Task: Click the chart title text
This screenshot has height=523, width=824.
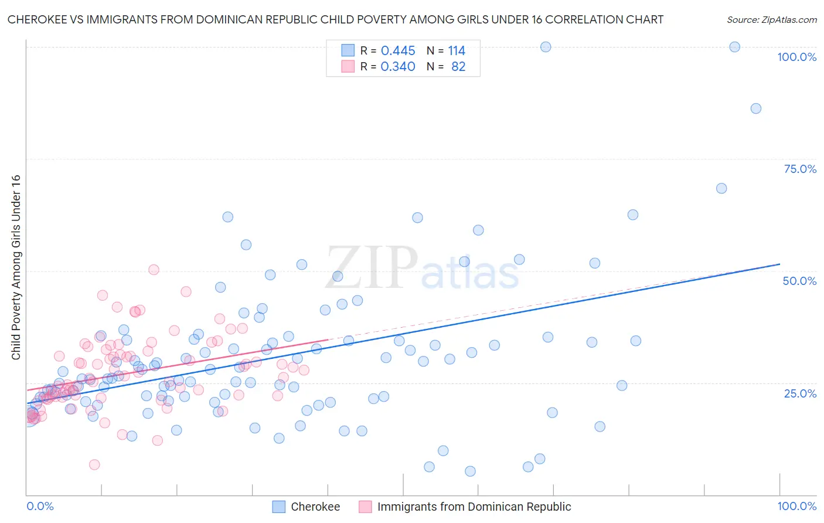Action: [x=335, y=19]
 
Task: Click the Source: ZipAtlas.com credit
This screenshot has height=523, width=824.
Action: [x=771, y=19]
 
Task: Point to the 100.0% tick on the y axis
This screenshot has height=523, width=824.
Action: [x=796, y=57]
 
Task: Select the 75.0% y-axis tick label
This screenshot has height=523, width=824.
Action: [x=800, y=169]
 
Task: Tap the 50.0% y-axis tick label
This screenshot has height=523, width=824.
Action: [x=799, y=281]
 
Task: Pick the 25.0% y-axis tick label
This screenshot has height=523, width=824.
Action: [x=800, y=393]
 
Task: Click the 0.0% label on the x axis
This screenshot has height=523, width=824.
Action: [x=40, y=506]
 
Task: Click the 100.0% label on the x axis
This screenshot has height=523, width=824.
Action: [x=796, y=506]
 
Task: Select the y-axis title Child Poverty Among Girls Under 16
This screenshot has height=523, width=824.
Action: [x=16, y=267]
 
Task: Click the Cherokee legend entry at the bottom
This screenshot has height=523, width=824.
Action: [x=315, y=507]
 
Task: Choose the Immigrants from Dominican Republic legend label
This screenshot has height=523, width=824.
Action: [x=474, y=507]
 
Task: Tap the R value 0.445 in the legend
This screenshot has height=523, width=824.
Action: [x=398, y=51]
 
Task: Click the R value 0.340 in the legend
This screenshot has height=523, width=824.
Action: [x=398, y=67]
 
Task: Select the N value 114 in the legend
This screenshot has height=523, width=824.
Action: [x=457, y=51]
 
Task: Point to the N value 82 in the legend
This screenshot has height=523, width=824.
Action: [x=458, y=67]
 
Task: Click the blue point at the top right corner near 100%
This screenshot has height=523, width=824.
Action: [x=734, y=47]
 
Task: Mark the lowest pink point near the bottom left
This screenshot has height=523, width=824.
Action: [x=94, y=464]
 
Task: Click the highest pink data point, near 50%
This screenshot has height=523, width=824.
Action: [x=154, y=270]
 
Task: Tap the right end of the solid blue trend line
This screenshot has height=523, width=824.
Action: [x=779, y=264]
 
